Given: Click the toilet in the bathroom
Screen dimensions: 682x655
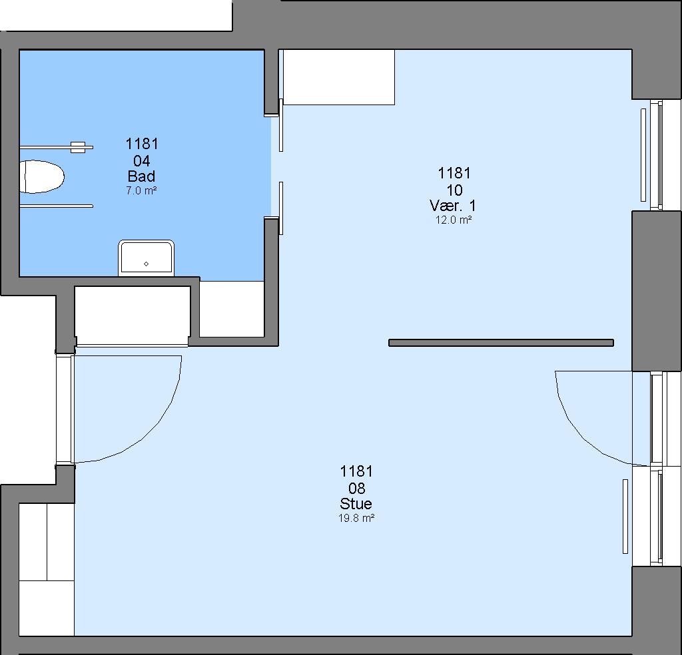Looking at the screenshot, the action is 41,176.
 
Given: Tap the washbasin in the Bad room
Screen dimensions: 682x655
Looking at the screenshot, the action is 146,258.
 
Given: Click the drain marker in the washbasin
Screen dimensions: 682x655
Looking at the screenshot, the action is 146,264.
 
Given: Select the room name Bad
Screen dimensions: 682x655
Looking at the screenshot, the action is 141,176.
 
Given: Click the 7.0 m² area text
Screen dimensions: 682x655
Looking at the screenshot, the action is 141,190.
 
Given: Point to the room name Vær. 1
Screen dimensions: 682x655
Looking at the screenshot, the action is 453,206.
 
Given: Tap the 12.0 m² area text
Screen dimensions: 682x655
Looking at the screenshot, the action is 454,220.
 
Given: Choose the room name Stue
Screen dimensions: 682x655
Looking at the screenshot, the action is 356,504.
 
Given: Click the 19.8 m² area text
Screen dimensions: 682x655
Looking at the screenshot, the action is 356,518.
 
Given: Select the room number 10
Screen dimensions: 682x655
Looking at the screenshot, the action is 454,190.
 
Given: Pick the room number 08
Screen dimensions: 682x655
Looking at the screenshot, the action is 357,489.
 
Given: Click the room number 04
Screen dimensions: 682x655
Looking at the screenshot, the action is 142,161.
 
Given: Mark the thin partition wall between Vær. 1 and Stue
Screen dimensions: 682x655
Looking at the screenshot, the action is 501,343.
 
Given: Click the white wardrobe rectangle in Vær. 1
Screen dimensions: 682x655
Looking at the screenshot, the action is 339,77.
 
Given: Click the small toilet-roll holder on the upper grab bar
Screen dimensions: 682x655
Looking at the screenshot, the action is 78,147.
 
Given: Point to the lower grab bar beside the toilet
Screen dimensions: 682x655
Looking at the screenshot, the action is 56,206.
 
